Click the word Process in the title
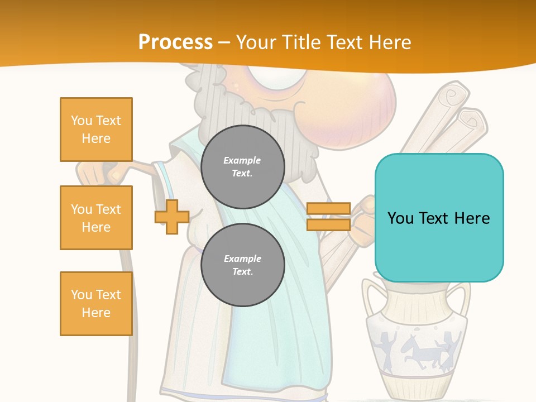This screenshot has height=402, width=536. point(175,42)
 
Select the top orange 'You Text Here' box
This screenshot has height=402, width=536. point(96,130)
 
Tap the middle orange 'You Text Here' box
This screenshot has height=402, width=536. point(96,218)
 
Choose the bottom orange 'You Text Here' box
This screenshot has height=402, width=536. point(96,304)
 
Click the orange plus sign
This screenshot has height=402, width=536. point(172,217)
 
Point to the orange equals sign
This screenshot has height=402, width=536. point(328,217)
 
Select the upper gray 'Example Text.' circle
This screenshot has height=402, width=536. point(242,167)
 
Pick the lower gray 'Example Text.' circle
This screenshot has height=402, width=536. point(242,265)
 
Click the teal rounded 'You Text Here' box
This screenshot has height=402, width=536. point(439,218)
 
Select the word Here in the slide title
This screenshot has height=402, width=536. point(389,42)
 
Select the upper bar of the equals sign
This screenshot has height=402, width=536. point(328,209)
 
